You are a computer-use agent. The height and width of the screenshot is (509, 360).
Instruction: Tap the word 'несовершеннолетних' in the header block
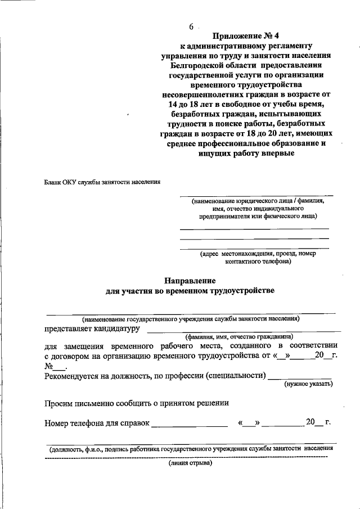(x=202, y=94)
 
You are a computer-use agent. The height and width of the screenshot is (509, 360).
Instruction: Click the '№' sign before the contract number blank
(x=48, y=365)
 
